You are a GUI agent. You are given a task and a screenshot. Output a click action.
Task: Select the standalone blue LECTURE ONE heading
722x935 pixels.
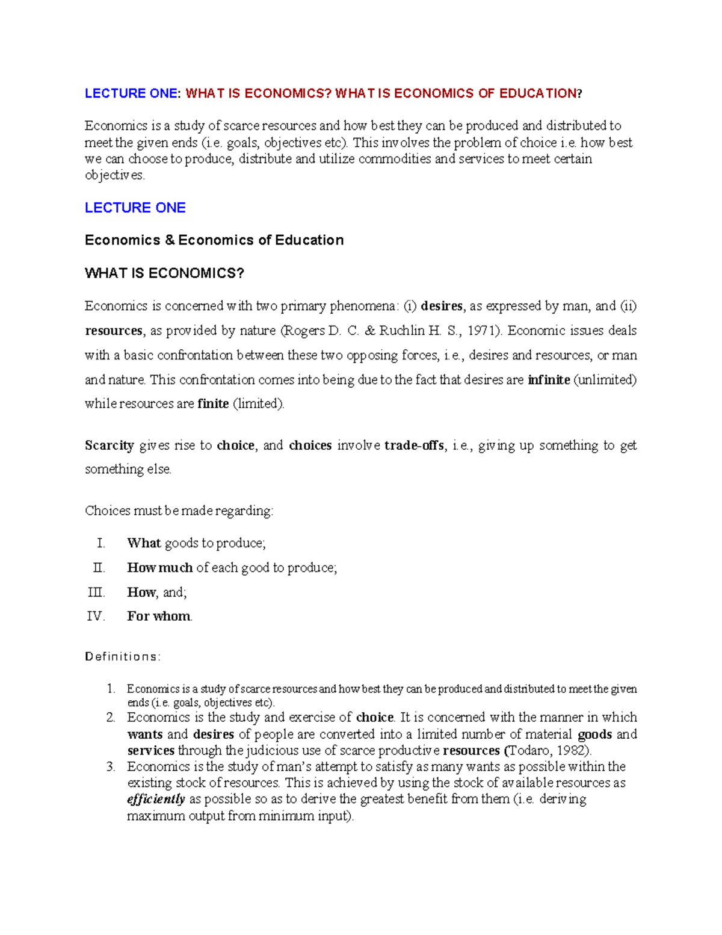coord(135,208)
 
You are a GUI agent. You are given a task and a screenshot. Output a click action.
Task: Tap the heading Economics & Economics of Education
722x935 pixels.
coord(214,240)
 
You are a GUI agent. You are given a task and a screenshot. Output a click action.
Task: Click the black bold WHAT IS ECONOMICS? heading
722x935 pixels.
coord(164,273)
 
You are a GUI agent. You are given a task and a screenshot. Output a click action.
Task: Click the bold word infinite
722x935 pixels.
coord(549,380)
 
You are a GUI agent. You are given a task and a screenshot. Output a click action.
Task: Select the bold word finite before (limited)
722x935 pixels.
coord(213,404)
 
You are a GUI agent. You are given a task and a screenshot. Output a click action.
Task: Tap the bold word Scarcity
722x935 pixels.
coord(109,446)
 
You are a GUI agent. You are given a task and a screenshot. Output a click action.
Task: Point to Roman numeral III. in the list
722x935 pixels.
coord(96,592)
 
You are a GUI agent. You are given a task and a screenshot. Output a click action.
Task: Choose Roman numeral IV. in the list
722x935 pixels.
coord(96,617)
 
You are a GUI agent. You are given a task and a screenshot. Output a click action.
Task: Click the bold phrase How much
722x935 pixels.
coord(159,568)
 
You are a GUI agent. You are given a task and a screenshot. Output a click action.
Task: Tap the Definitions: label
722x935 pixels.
coord(123,657)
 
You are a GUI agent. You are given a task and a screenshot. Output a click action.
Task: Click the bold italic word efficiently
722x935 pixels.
coord(156,800)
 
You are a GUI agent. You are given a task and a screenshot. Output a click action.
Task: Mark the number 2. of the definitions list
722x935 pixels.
coord(110,718)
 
